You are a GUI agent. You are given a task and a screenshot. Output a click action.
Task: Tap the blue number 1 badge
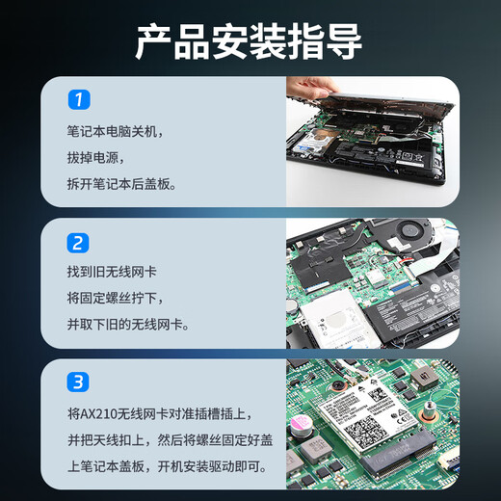point(78,99)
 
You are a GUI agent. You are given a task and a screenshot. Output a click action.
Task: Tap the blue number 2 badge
point(78,243)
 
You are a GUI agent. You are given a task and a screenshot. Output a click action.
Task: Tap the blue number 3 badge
point(78,382)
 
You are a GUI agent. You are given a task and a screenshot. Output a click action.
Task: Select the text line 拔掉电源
point(95,156)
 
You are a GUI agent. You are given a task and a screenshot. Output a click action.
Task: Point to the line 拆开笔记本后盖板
point(121,183)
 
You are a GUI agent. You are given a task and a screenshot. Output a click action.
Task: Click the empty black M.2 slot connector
point(420,454)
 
